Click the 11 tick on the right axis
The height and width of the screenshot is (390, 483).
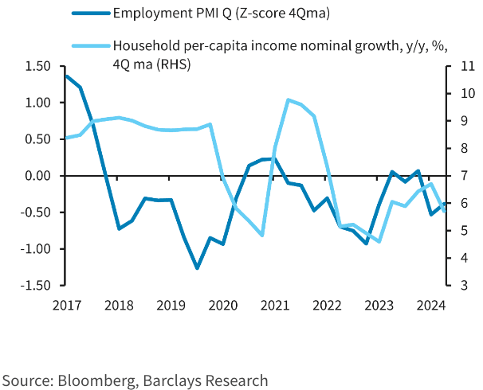[463, 66]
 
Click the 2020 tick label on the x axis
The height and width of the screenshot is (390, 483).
[222, 304]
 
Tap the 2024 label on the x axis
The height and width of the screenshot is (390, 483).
[430, 304]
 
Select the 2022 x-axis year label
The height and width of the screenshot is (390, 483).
[327, 304]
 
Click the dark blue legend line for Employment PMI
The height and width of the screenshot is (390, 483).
[90, 14]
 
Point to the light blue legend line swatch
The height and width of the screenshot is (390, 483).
[90, 45]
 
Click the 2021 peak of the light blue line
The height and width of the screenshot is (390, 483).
[288, 99]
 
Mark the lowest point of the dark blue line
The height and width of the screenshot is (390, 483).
[197, 268]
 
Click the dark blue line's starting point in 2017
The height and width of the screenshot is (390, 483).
[65, 76]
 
